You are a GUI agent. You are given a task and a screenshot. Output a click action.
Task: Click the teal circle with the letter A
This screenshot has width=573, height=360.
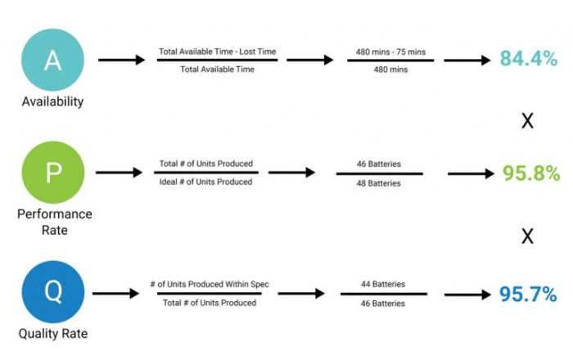pos(52,60)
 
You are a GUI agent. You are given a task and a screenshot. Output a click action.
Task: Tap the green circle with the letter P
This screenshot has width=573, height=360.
pos(53,173)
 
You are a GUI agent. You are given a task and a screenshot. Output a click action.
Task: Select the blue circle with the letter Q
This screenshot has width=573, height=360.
pos(53,292)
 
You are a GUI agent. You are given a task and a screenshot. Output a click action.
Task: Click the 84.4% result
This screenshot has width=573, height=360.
pos(529,58)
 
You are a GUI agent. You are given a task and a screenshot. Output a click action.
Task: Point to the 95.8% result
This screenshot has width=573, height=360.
pos(531,173)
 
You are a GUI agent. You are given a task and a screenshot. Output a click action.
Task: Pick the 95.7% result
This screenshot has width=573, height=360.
pos(528,294)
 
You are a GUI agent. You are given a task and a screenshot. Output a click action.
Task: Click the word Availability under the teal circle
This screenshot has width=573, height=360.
pos(52,101)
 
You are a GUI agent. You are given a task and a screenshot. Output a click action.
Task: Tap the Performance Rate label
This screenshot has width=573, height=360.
pos(55,222)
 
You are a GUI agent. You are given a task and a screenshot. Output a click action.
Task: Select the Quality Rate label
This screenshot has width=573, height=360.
pos(53,333)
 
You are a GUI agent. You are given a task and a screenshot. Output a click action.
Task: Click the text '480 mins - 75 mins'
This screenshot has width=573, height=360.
pos(390,52)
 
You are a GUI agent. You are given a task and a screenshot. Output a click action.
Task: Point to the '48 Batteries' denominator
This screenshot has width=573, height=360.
pos(378,183)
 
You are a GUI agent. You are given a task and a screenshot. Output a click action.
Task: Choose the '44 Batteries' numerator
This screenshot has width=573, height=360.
pos(383,284)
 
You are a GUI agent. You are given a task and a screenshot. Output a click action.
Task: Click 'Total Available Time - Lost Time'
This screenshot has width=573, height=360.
pos(218,52)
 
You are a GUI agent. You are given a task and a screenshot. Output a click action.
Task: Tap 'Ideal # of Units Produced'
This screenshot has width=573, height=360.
pos(205,182)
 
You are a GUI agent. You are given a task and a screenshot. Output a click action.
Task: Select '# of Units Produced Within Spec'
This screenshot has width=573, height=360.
pos(210,284)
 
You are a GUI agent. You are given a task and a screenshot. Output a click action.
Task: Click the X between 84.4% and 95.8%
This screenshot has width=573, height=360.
pos(527,121)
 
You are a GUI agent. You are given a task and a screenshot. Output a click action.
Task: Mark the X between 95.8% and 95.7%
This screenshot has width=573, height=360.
pos(527,236)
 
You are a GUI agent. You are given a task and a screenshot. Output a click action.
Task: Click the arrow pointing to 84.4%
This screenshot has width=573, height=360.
pos(467,61)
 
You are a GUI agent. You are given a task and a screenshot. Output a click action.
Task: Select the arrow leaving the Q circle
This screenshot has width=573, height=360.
pos(115,293)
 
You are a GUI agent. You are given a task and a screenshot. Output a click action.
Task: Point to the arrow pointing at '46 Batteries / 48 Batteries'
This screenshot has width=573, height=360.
pos(291,173)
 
